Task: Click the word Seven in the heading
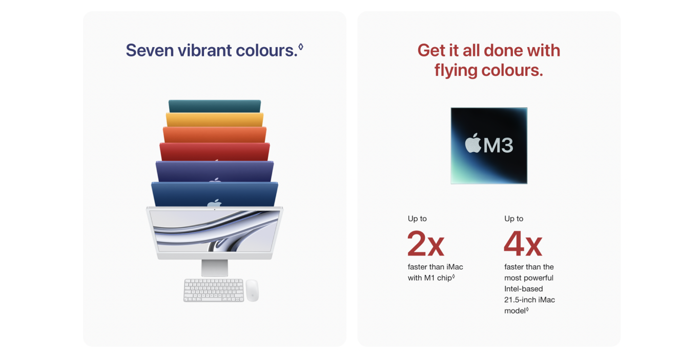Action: tap(150, 50)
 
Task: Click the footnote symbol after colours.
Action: tap(301, 47)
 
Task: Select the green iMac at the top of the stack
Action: tap(215, 106)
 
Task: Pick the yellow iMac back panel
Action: tap(215, 120)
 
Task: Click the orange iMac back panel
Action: tap(215, 135)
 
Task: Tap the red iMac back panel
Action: tap(215, 152)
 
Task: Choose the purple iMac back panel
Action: tap(215, 172)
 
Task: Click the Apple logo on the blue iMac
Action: tap(214, 203)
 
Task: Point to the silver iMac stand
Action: tap(215, 268)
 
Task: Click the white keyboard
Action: tap(214, 290)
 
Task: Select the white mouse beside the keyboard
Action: tap(253, 291)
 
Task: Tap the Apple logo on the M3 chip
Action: tap(473, 143)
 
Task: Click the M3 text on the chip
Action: tap(499, 145)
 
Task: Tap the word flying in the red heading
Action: tap(456, 71)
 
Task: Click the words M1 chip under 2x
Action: tap(438, 278)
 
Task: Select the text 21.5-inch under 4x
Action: tap(520, 300)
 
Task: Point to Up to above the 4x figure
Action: tap(514, 219)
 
